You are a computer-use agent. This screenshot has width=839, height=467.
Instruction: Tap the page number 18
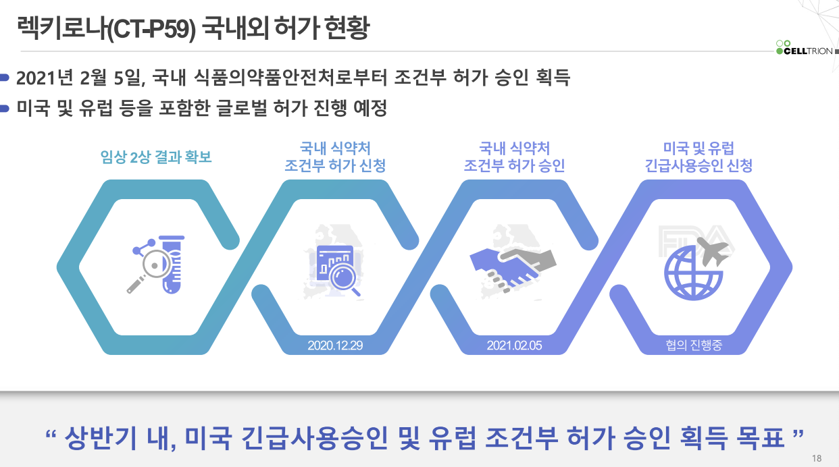817,459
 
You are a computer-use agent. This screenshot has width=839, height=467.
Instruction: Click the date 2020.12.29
335,346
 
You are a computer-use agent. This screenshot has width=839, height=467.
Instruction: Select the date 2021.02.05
515,346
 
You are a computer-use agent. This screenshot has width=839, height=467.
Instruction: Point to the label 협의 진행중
694,346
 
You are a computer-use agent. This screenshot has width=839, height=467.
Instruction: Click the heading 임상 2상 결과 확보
156,157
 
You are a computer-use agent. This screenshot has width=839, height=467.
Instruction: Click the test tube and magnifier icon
157,264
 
